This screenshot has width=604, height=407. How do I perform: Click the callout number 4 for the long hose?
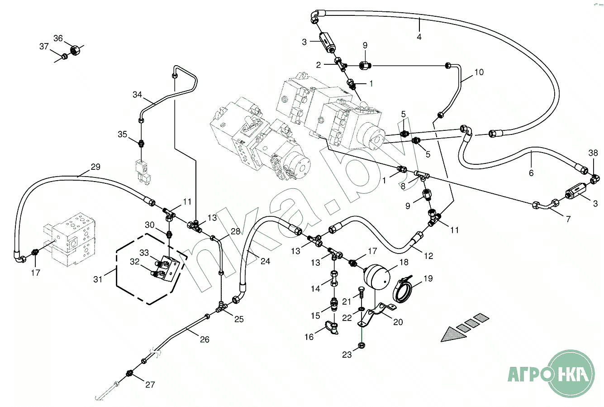419,37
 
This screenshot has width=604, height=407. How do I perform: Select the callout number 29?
95,167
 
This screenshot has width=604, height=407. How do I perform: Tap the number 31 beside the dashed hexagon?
98,279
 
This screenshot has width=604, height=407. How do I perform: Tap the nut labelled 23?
361,346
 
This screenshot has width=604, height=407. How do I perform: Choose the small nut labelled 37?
65,56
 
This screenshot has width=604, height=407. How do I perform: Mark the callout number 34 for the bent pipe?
138,95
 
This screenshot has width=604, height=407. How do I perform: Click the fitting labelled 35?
142,144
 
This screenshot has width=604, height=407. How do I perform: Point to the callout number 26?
205,339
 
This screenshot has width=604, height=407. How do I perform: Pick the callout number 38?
593,153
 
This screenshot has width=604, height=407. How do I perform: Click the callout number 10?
479,72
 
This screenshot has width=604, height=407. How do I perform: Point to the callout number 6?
531,173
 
